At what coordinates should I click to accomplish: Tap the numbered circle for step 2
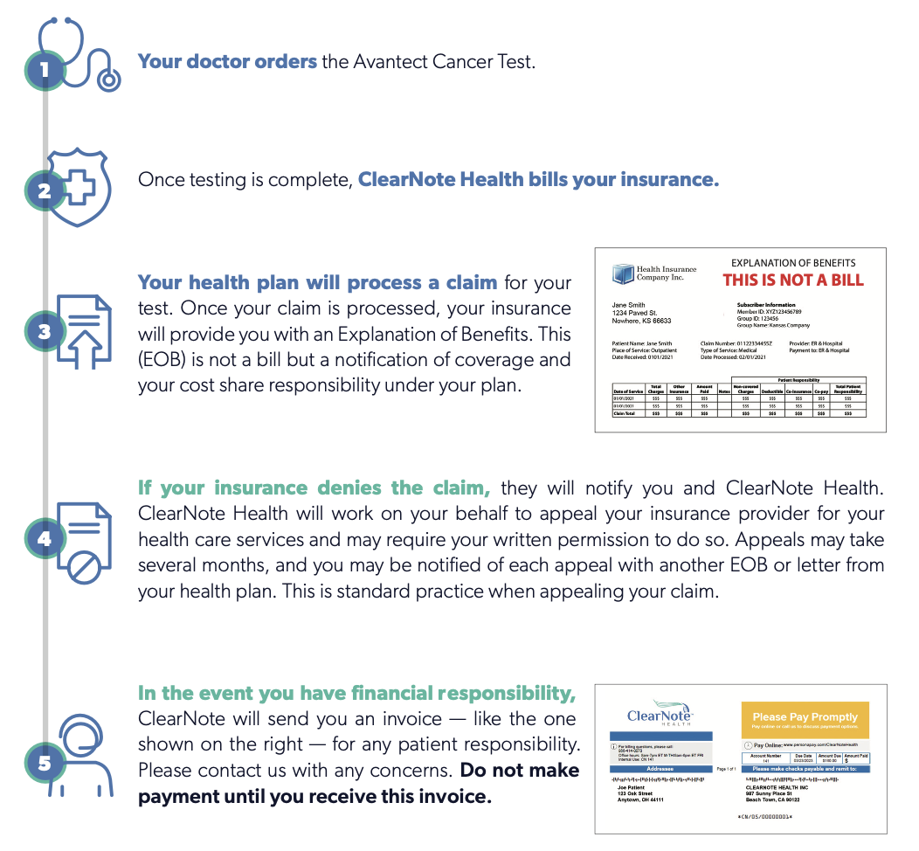coord(44,189)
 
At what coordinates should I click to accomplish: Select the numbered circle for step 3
coord(44,332)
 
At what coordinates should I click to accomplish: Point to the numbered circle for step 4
coord(44,539)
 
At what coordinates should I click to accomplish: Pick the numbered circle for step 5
coord(44,763)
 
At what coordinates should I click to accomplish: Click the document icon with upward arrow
coord(86,332)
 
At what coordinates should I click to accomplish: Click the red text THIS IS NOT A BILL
coord(792,280)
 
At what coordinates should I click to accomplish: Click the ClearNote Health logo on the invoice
coord(660,715)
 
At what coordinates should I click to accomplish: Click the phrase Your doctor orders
coord(227,62)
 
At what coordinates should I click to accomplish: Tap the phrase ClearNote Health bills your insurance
coord(538,180)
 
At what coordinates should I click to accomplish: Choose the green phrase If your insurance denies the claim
coord(314,488)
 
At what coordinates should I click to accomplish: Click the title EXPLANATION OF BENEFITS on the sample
coord(792,263)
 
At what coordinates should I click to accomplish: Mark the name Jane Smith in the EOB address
coord(629,305)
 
